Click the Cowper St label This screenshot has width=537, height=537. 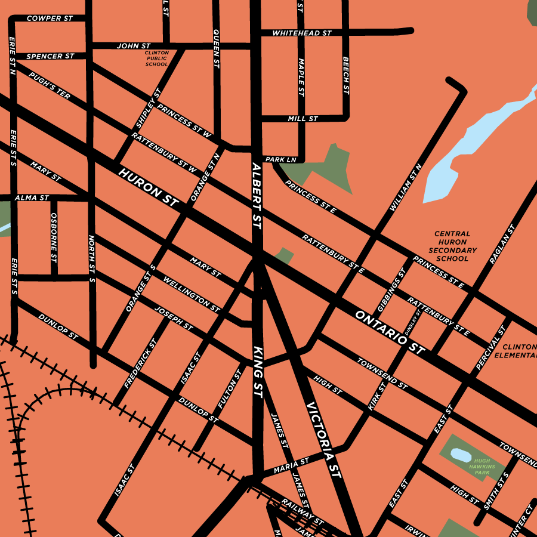[50, 18]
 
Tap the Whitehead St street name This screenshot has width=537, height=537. [301, 33]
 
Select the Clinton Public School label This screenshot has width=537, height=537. [157, 58]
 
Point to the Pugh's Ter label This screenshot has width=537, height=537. [50, 86]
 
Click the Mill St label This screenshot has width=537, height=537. [303, 119]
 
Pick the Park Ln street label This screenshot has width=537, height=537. [280, 160]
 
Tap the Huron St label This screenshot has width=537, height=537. [149, 187]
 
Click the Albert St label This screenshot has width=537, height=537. [257, 196]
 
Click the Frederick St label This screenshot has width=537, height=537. [141, 364]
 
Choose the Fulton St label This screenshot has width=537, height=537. [230, 388]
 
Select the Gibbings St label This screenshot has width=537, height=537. [391, 290]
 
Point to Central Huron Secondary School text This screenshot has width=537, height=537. [452, 246]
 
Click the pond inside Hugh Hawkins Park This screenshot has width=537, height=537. [460, 455]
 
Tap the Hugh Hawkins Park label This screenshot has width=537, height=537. [482, 466]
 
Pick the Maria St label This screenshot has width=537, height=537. [292, 466]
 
